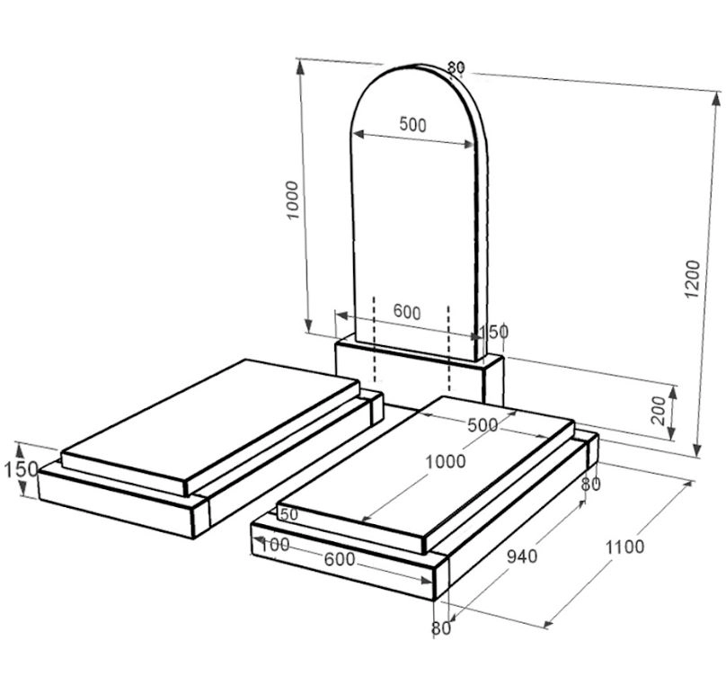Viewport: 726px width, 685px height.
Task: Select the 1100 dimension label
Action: coord(624,546)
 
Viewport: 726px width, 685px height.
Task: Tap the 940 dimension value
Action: coord(522,556)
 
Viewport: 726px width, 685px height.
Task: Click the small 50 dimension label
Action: coord(288,514)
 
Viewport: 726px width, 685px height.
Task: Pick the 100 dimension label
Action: coord(273,545)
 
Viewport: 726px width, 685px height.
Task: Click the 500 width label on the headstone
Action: coord(412,126)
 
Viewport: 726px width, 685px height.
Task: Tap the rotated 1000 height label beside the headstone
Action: coord(291,198)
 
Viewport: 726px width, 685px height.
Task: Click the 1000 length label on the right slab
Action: coord(446,462)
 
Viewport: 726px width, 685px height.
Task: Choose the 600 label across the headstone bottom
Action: coord(407,313)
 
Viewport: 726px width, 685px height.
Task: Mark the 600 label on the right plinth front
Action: coord(339,559)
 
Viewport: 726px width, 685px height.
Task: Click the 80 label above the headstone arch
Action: coord(456,67)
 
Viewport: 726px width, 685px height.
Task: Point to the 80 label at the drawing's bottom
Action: coord(440,629)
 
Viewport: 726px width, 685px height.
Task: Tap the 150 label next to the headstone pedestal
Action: coord(493,332)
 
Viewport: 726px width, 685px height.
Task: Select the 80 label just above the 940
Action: coord(590,485)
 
